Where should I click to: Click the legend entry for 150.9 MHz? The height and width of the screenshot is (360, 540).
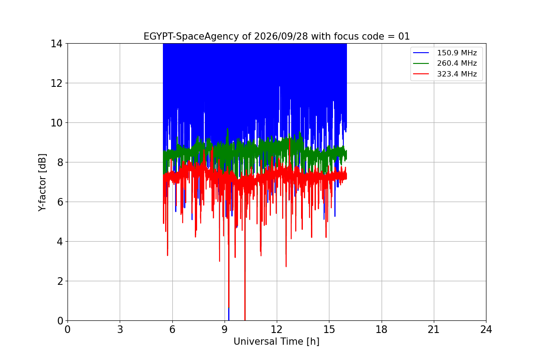[457, 53]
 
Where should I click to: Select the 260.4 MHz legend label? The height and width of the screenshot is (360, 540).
[457, 63]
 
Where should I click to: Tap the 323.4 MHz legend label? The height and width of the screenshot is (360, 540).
[457, 74]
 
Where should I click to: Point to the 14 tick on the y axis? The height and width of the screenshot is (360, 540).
[56, 44]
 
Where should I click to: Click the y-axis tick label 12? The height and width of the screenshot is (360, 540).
[56, 83]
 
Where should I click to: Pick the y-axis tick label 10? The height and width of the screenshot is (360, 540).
[56, 123]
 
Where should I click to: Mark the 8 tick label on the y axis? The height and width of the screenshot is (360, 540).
[60, 162]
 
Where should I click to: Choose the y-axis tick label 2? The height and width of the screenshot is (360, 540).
[60, 281]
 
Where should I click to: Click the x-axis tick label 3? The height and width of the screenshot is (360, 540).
[120, 329]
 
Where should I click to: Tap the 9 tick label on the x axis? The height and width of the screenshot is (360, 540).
[225, 329]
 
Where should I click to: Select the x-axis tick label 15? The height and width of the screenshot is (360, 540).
[329, 329]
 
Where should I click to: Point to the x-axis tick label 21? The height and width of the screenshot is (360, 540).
[434, 329]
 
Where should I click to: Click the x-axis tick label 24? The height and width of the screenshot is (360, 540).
[486, 329]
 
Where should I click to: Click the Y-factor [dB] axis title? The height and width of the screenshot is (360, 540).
[42, 183]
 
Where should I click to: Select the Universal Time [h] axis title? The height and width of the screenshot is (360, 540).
[276, 342]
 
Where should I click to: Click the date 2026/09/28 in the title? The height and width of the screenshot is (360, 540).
[281, 36]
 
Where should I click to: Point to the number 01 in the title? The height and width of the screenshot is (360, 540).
[404, 36]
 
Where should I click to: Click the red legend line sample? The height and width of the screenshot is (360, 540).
[421, 74]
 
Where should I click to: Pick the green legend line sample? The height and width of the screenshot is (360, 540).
[421, 63]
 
